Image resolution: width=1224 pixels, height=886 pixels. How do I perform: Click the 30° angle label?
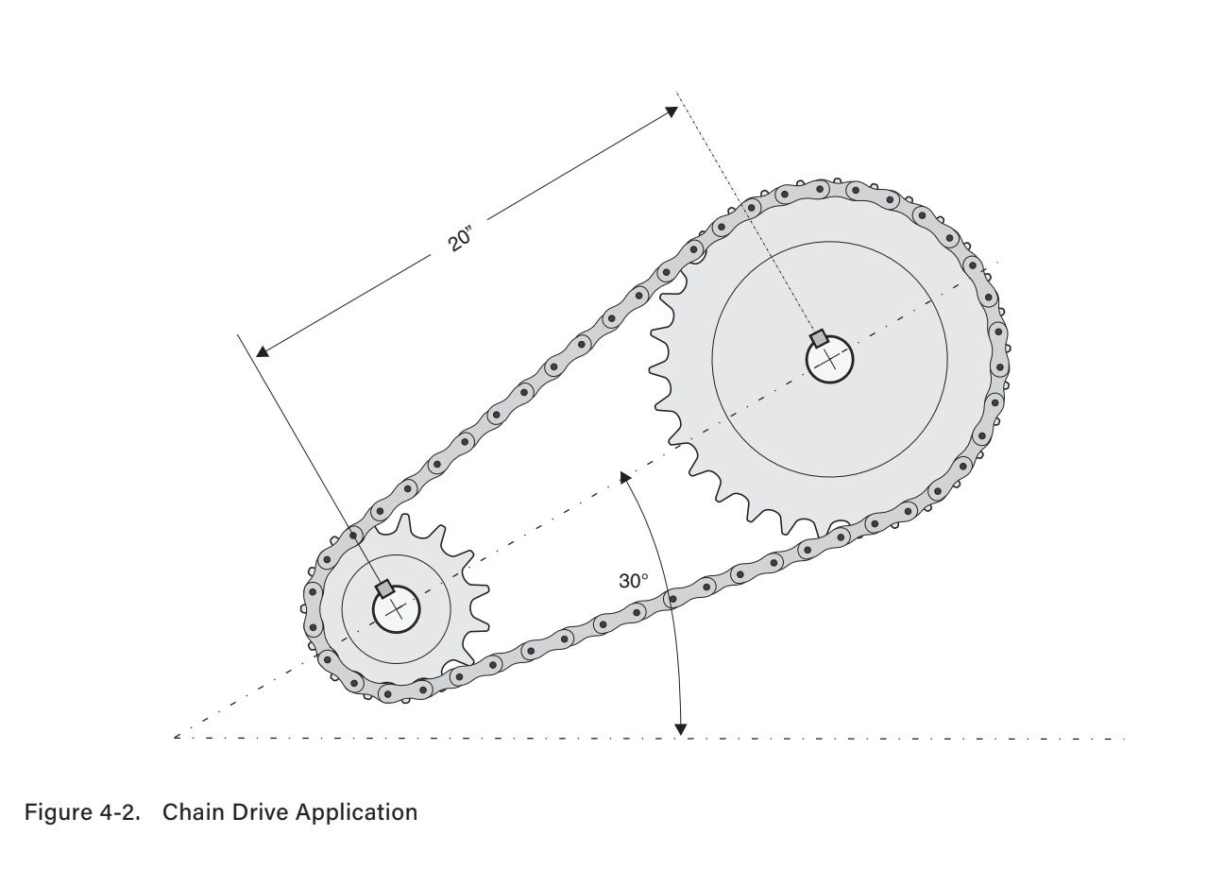coord(634,581)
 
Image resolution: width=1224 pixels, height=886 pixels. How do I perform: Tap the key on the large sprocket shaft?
coord(820,338)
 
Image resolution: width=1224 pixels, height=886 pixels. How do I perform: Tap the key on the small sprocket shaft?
coord(384,589)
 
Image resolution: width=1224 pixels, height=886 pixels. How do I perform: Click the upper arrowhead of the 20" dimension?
coord(671,111)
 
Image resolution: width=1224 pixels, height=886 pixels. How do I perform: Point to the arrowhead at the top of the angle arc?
coord(624,476)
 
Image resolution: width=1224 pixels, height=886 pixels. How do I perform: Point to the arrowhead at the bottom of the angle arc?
coord(680,728)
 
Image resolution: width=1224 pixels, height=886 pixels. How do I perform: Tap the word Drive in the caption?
coord(257,812)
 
